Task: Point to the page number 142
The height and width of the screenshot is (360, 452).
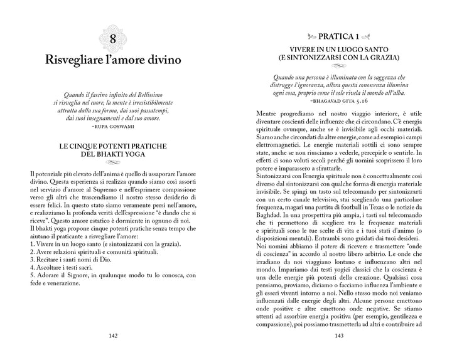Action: pyautogui.click(x=113, y=336)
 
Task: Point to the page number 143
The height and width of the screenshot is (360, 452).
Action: pyautogui.click(x=339, y=336)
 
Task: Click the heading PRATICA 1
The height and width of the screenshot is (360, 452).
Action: pyautogui.click(x=338, y=37)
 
